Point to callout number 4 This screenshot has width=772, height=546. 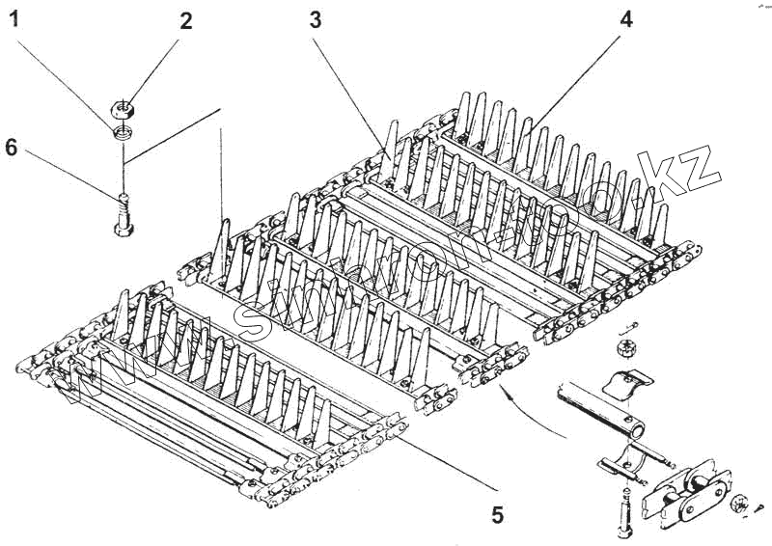(625, 19)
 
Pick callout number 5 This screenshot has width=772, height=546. (497, 515)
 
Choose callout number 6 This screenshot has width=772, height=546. (13, 149)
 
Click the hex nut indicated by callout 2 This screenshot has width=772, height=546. (124, 108)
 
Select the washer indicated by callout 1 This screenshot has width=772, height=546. (124, 131)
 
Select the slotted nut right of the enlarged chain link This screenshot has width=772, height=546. (740, 501)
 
